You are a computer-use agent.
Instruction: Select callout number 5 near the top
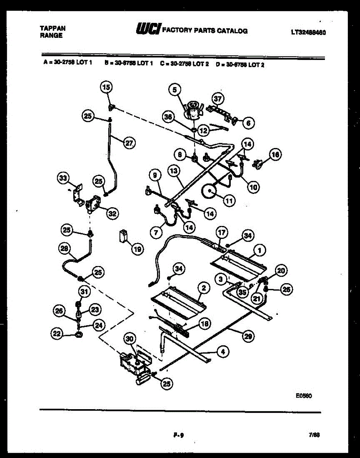[175, 90]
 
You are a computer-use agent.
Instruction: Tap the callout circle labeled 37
[217, 99]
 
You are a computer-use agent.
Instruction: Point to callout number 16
[275, 154]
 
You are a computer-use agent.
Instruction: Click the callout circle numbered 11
[229, 201]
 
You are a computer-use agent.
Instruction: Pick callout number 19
[137, 249]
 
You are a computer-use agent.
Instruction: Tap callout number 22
[57, 334]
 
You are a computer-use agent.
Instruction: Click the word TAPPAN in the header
[53, 28]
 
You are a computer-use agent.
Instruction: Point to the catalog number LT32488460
[308, 32]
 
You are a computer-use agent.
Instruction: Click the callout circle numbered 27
[129, 143]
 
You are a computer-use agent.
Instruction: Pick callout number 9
[154, 176]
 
